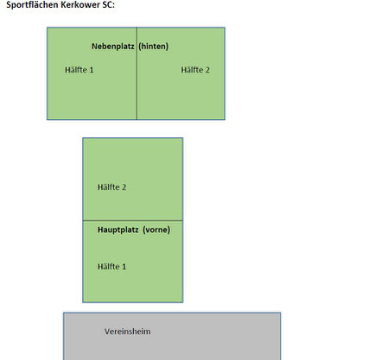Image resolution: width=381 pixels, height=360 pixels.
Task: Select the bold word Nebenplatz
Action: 113,47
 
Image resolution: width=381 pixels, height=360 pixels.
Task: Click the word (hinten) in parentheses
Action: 154,47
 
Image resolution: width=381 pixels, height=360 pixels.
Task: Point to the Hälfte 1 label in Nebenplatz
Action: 79,70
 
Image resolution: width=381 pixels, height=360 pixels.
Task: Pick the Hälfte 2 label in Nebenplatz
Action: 195,70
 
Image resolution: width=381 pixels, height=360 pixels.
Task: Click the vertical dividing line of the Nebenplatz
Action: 137,73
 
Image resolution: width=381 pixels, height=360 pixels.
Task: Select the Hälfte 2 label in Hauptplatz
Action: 111,187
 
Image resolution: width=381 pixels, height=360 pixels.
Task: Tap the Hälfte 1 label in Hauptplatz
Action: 111,267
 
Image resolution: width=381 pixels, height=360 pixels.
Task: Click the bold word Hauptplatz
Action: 118,230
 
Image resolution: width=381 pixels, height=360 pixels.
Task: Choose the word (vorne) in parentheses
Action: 156,230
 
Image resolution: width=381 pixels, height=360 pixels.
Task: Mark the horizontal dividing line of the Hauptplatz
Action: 133,221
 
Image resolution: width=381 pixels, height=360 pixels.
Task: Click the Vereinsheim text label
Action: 127,332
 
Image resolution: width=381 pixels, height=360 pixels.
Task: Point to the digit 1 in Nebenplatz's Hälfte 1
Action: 92,70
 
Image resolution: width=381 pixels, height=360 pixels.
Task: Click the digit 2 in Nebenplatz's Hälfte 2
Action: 207,70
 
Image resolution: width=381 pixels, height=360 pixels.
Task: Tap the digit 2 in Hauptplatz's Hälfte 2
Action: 124,187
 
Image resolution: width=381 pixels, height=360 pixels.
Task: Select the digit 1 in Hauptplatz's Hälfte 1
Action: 124,267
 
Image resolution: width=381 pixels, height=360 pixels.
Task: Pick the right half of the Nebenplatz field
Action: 181,73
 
